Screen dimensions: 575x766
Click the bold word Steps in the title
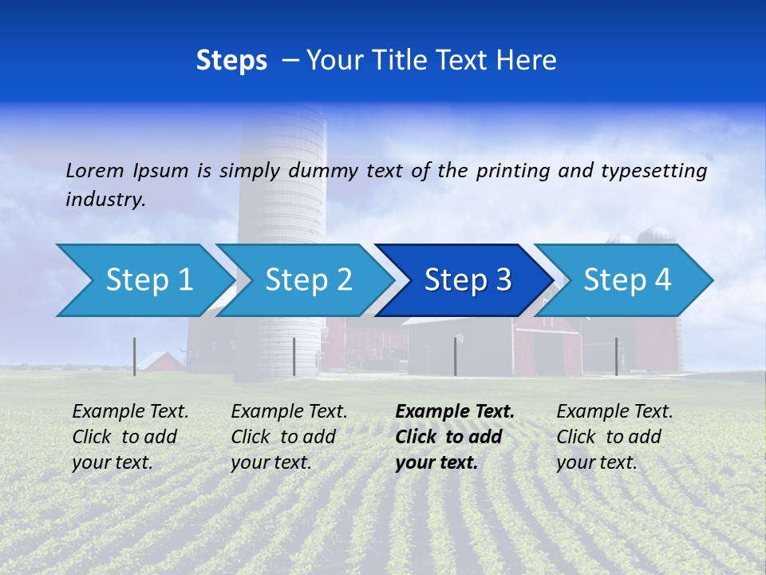pos(231,61)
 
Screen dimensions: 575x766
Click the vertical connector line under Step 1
pos(134,356)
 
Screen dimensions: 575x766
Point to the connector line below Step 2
pos(294,356)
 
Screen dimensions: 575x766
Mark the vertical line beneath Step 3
pos(455,356)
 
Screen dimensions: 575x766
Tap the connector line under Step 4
pos(616,356)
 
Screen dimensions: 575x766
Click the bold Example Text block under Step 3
pos(453,437)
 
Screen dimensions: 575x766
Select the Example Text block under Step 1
pos(130,437)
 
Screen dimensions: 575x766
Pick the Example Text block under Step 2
pos(289,437)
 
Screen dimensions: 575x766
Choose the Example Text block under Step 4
pos(614,437)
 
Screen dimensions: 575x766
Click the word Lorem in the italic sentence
pos(95,170)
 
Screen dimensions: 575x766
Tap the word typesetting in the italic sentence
pos(653,171)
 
